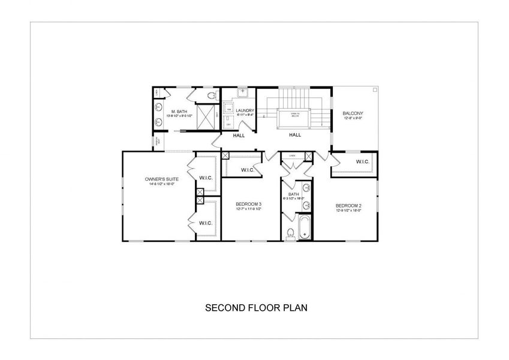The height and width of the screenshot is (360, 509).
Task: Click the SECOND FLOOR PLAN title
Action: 256,308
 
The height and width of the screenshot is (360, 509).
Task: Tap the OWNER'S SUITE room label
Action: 161,179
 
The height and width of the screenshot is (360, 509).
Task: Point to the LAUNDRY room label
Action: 245,110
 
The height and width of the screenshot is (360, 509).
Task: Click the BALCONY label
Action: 353,113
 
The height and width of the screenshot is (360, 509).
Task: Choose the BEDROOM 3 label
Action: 249,204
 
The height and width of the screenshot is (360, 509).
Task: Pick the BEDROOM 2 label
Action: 348,205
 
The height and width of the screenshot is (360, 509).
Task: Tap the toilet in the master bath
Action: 210,95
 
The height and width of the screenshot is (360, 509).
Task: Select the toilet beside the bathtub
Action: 290,233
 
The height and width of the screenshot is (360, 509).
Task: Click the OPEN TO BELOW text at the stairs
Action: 295,114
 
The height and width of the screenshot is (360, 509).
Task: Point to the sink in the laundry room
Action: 243,92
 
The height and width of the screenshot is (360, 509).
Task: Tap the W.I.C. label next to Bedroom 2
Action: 362,162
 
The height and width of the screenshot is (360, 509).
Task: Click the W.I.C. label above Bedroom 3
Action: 248,170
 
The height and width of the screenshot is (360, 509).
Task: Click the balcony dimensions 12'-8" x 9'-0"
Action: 353,119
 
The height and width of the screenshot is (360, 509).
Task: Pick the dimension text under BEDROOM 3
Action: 249,209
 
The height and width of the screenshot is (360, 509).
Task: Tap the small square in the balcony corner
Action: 375,89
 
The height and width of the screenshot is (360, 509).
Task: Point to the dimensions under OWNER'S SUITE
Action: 161,184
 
